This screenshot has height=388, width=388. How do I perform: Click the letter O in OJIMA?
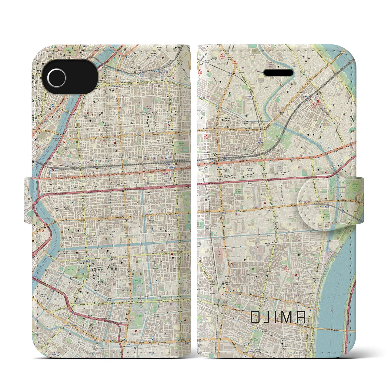255,317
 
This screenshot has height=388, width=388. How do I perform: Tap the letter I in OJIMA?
277,317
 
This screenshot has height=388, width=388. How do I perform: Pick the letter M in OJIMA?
287,317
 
